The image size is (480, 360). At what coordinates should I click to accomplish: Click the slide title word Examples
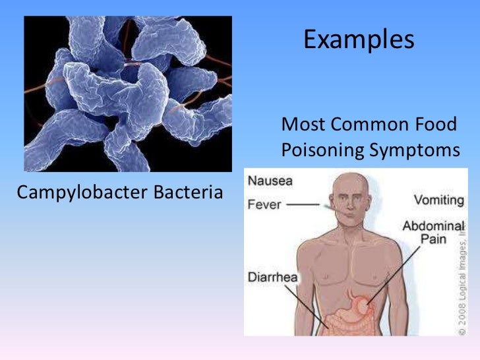click(359, 40)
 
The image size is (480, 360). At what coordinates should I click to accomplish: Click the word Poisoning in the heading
click(322, 150)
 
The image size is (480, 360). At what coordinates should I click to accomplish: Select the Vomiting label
click(437, 198)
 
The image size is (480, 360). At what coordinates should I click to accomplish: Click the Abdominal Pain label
click(433, 232)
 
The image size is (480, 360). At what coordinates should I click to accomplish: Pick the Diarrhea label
click(272, 277)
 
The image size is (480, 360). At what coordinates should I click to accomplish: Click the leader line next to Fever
click(304, 204)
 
